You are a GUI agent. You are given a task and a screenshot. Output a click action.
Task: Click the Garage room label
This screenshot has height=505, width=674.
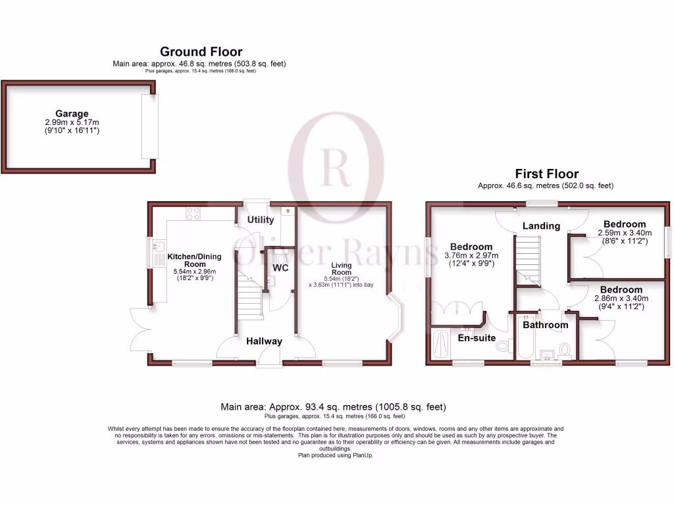point(72,114)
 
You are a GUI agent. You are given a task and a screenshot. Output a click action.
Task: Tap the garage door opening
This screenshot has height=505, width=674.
point(149,126)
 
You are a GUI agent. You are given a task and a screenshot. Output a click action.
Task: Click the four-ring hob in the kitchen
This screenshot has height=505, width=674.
point(194,213)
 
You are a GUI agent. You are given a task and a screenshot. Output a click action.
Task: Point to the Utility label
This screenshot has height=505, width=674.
point(261,219)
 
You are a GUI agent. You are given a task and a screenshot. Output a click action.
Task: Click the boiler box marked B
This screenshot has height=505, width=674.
point(287,211)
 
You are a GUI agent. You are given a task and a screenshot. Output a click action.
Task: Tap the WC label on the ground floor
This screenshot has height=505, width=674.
point(280,268)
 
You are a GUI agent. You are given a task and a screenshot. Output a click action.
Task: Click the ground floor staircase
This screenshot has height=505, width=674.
point(250,299)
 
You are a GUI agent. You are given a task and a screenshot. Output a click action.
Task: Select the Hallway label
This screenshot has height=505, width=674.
point(264,341)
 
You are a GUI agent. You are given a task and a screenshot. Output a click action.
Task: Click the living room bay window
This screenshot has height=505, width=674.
point(397,319)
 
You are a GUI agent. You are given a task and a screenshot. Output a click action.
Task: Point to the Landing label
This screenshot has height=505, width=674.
point(541,226)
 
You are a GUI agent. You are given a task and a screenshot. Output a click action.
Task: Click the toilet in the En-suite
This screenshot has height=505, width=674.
point(503,346)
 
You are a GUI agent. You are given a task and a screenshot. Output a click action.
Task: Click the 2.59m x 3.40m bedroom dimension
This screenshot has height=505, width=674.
point(624,233)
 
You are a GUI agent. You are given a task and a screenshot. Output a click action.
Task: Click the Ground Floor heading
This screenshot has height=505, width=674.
point(201,51)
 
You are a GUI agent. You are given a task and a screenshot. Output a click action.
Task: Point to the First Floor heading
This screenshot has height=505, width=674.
point(546,174)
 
